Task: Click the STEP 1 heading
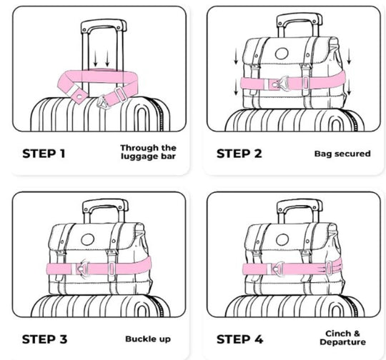(44, 154)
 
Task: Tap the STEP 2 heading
(239, 154)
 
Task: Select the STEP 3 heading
(44, 339)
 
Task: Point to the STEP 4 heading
(239, 339)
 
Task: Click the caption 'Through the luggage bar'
(149, 152)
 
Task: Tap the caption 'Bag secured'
(342, 154)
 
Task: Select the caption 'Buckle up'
(148, 339)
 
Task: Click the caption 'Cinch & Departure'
(342, 338)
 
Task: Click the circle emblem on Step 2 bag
(282, 54)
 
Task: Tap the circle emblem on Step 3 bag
(87, 239)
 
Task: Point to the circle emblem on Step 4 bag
(282, 239)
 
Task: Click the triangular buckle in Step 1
(102, 102)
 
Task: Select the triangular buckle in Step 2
(282, 83)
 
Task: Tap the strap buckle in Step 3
(82, 268)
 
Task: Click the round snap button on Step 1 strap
(79, 96)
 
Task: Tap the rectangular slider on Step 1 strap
(120, 94)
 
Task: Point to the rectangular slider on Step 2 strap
(305, 82)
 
